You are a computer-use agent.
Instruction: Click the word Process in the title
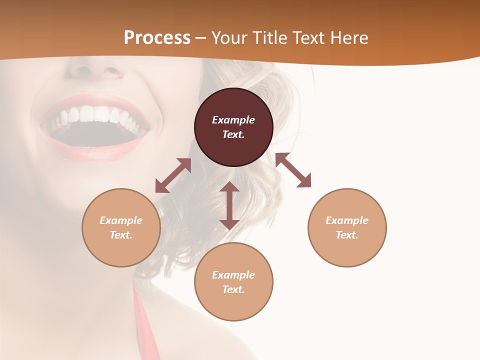click(157, 38)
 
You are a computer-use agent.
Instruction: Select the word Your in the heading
click(229, 38)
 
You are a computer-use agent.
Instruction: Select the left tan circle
click(121, 247)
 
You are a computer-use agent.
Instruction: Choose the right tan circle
click(347, 247)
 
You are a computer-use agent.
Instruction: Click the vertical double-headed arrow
click(229, 206)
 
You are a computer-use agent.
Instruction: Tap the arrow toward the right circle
click(293, 170)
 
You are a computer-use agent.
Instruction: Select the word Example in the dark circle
click(233, 120)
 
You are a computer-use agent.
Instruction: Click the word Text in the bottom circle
click(233, 289)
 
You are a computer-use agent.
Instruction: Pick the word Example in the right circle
click(347, 220)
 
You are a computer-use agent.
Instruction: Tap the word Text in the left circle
click(121, 235)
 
